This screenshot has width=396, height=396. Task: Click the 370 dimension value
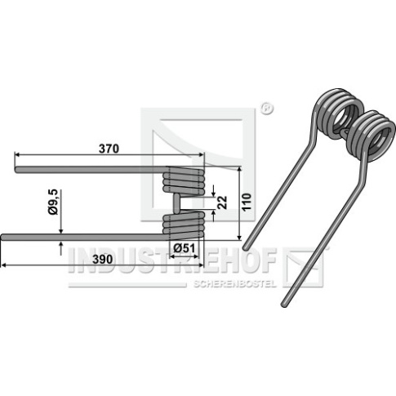click(109, 149)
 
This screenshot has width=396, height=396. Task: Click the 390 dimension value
click(103, 260)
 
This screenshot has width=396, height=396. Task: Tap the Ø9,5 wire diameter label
click(53, 202)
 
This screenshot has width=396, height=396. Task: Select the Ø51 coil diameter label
click(185, 248)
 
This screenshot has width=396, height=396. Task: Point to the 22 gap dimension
click(223, 202)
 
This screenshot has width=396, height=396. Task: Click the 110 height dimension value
click(247, 202)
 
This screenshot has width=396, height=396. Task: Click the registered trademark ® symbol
click(267, 109)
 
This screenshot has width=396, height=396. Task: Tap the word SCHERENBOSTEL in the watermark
click(234, 284)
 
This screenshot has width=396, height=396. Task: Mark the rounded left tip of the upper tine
click(16, 170)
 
